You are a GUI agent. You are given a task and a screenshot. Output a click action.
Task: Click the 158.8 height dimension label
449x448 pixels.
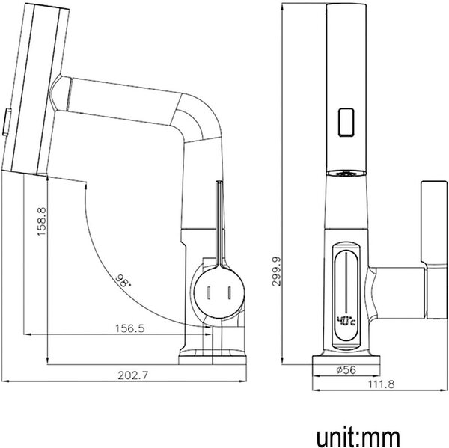pos(41,221)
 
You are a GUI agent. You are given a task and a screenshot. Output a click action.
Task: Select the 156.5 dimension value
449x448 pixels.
pos(129,328)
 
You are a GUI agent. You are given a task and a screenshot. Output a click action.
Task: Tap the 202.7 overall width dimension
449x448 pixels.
pos(133,375)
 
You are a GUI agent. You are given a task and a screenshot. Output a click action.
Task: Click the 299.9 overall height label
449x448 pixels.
pos(277,271)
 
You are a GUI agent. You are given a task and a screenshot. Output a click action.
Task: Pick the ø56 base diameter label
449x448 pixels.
pos(346,370)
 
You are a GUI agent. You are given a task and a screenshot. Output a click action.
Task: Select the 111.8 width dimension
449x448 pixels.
pos(381,384)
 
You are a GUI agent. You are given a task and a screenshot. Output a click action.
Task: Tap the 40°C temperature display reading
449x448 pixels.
pos(346,321)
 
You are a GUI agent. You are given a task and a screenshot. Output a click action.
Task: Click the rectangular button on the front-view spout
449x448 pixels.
pos(346,122)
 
